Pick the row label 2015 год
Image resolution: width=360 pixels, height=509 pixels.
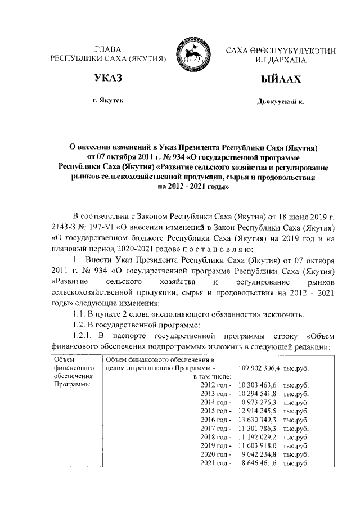coord(216,411)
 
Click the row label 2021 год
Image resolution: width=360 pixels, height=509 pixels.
coord(216,463)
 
